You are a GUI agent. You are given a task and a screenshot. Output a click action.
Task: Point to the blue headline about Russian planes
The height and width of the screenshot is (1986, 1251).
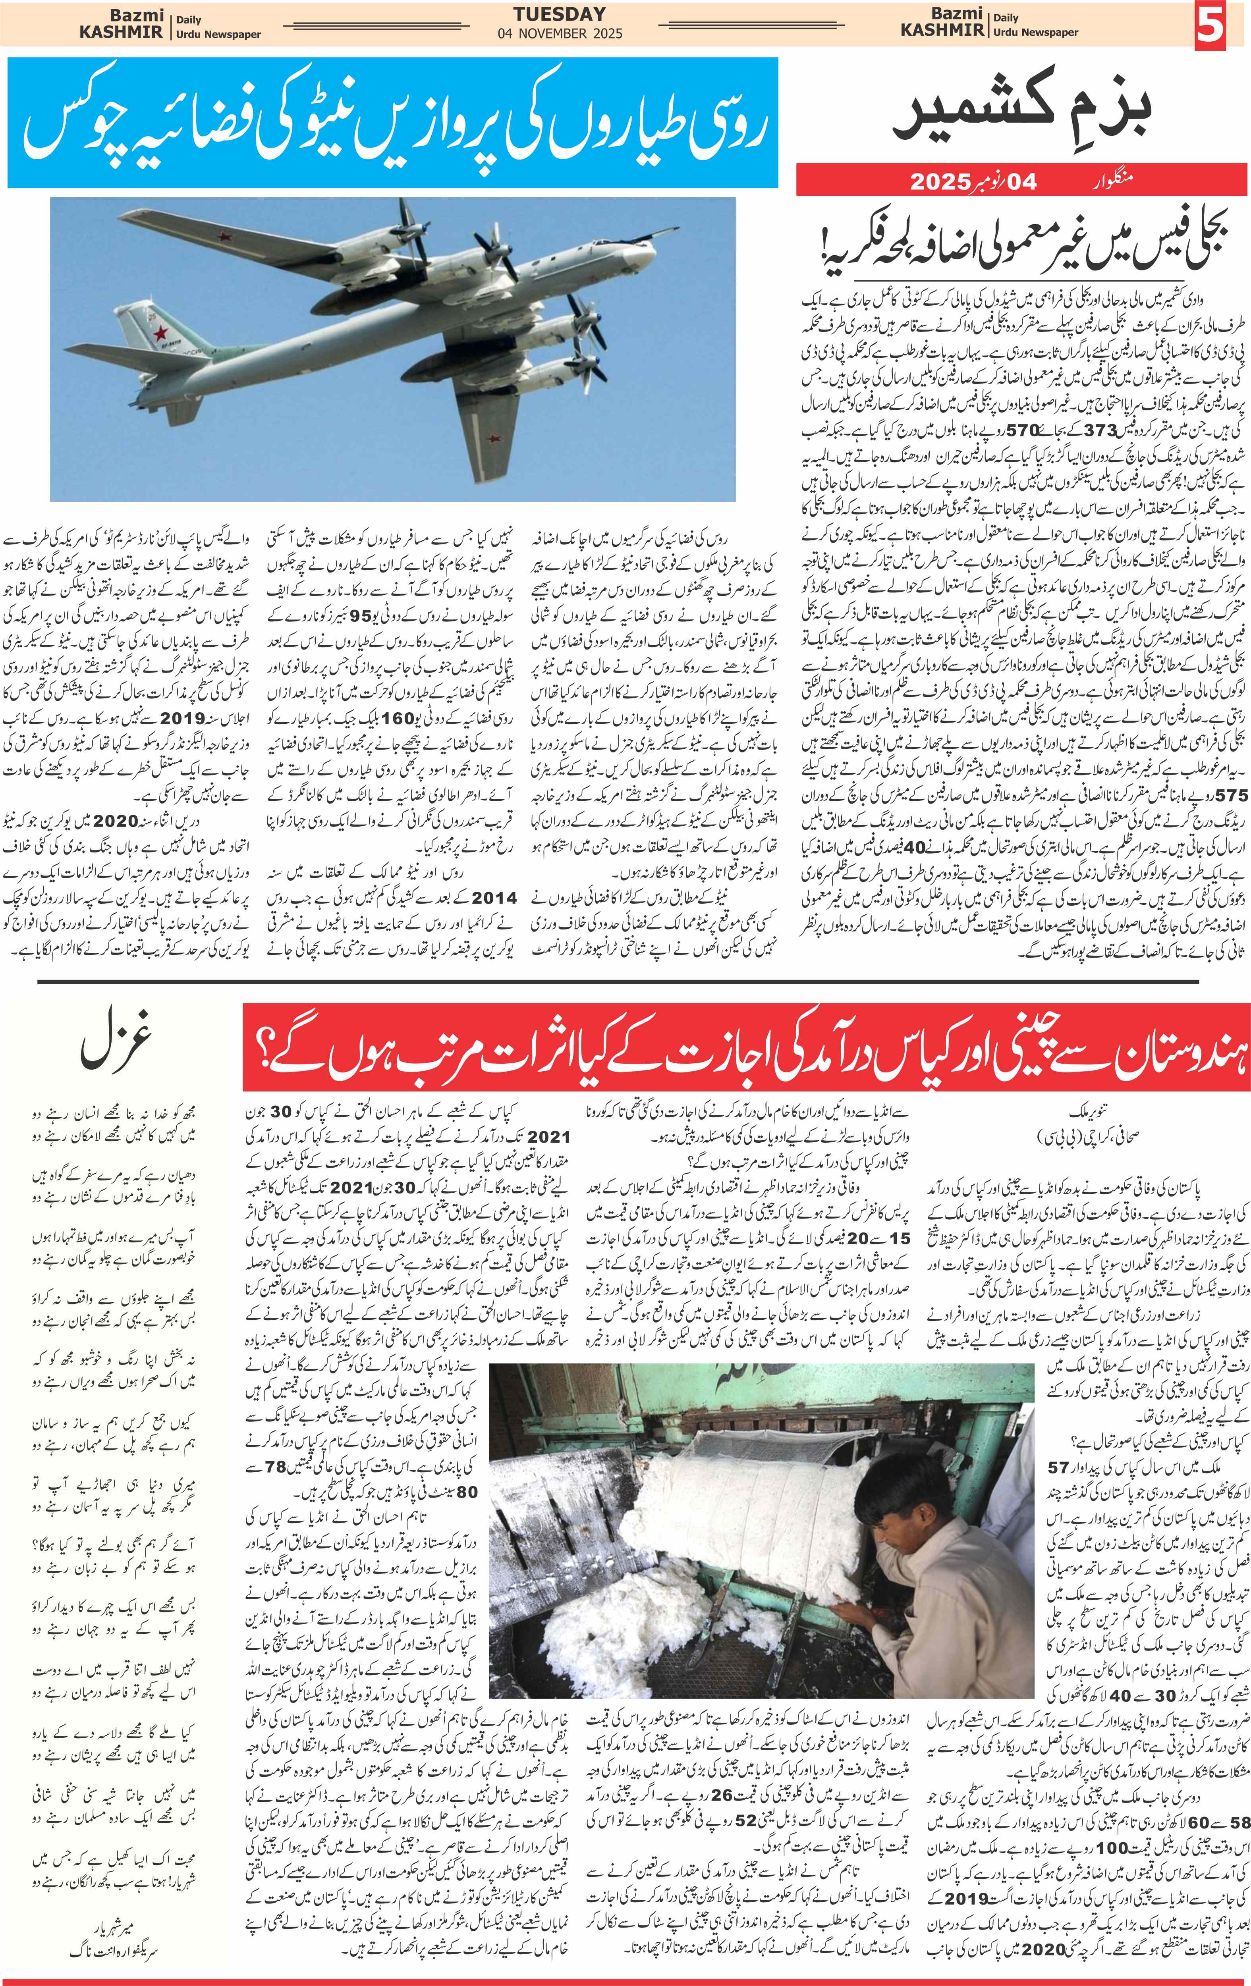coord(393,124)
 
